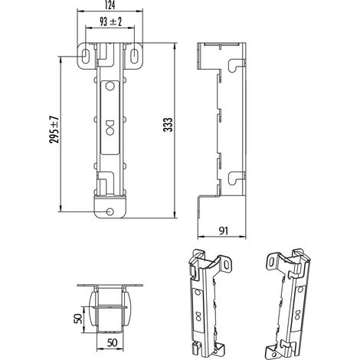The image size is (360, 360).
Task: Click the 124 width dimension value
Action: (x=110, y=5)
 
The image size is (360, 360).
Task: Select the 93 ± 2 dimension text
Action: (x=110, y=22)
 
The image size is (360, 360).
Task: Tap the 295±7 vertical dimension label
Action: (x=54, y=129)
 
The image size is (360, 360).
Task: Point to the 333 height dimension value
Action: (x=168, y=125)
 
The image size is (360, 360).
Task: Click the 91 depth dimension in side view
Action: (x=224, y=231)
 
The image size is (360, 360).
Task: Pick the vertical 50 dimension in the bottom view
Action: (x=79, y=319)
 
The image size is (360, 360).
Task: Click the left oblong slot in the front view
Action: (x=84, y=56)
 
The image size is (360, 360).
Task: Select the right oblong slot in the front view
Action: (x=134, y=56)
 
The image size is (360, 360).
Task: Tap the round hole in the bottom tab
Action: (x=110, y=211)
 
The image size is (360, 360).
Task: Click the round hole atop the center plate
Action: (x=110, y=86)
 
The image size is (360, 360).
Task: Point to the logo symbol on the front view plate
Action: (x=110, y=127)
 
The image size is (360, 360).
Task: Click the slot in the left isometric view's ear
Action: (x=227, y=265)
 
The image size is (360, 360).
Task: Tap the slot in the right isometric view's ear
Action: (x=272, y=261)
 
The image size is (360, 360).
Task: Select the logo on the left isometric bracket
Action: (x=198, y=316)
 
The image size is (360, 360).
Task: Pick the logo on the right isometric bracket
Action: (x=297, y=315)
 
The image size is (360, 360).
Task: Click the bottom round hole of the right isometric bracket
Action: (x=274, y=355)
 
